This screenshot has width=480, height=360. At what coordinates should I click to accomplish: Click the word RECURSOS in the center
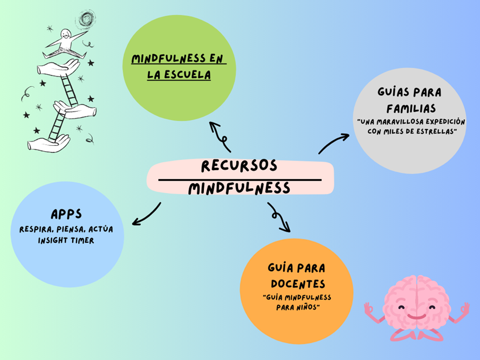[x=239, y=166]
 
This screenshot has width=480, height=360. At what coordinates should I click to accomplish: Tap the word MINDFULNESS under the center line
[x=239, y=189]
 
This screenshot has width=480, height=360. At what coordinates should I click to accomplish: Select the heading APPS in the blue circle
[x=66, y=214]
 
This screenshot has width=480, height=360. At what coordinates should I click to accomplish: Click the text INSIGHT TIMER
[x=66, y=240]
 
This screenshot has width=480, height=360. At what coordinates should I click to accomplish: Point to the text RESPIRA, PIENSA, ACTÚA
[x=66, y=229]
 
